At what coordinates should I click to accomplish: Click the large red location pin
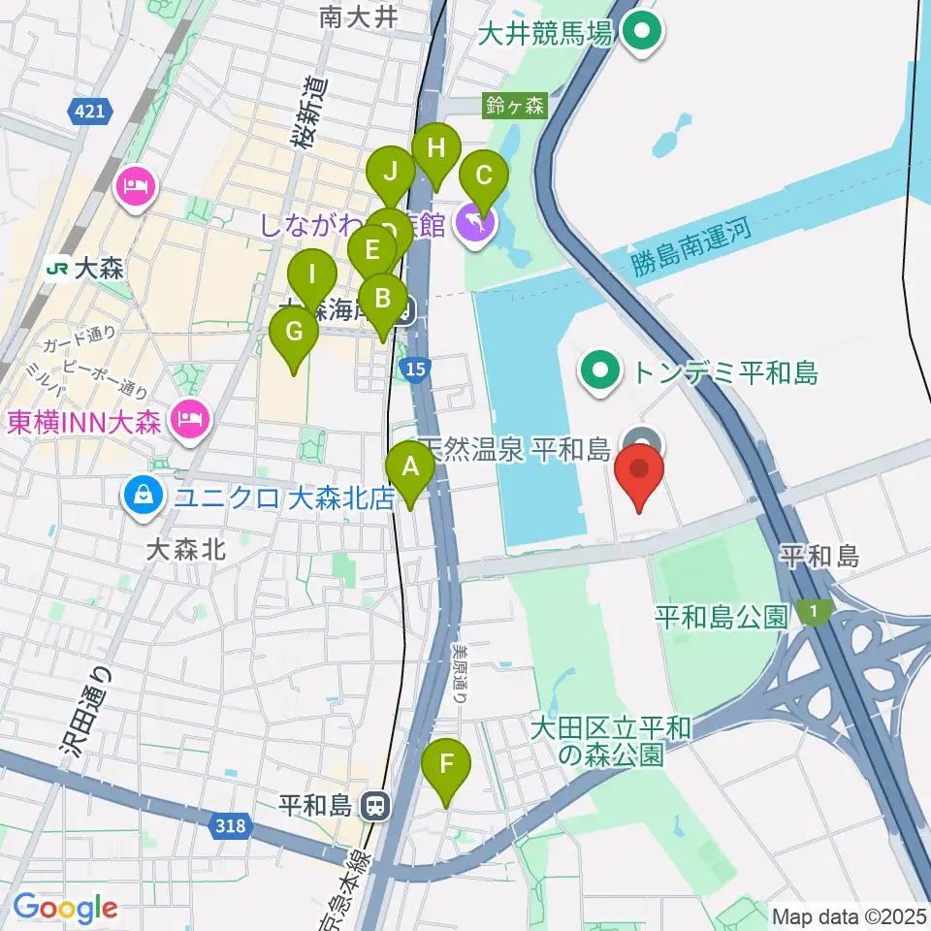[x=640, y=473]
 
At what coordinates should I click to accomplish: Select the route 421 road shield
[x=88, y=113]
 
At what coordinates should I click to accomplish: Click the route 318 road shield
[x=231, y=825]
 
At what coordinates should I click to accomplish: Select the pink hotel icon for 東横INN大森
[x=188, y=418]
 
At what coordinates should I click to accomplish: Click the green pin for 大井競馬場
[x=641, y=34]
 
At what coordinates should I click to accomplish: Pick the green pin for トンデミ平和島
[x=601, y=370]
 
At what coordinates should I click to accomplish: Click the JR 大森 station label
[x=87, y=269]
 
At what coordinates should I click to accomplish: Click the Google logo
[x=65, y=909]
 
